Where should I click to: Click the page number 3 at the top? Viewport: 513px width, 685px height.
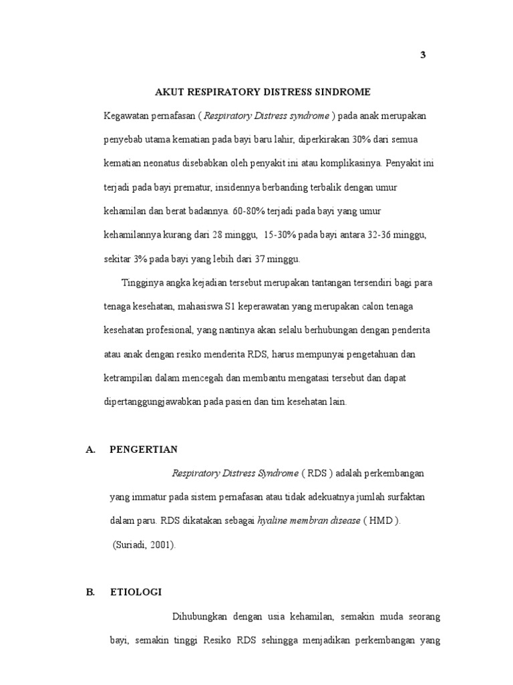[422, 55]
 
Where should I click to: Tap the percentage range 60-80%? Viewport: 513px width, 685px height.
[248, 211]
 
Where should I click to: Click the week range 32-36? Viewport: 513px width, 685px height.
[384, 235]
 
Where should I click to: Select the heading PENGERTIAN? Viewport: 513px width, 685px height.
[144, 450]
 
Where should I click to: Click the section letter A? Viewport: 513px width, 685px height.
[90, 450]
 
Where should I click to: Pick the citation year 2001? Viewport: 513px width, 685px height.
[163, 545]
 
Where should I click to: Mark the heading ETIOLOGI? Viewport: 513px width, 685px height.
[135, 593]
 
